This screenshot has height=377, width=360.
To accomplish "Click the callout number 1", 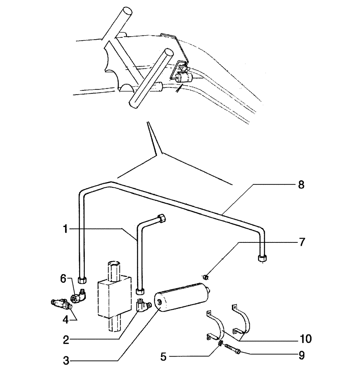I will point(66,229).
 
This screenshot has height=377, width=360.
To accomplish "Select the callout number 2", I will point(66,340).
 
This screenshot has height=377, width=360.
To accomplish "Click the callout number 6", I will point(64,279).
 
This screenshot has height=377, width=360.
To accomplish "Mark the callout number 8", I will point(301,185).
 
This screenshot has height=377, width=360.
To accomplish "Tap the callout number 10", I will point(306,339).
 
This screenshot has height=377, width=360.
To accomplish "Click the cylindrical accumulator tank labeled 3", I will point(183,299).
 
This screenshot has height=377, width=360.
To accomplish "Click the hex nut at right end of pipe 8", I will point(262,258).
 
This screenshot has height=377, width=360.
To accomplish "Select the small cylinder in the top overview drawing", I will point(183,78).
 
